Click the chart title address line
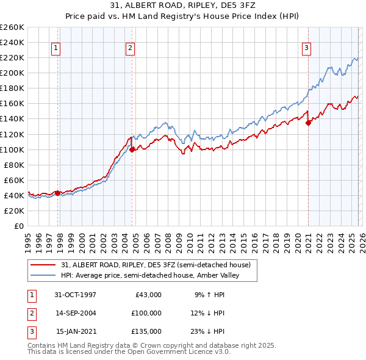(x=182, y=7)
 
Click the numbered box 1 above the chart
(x=56, y=48)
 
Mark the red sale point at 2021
(x=308, y=123)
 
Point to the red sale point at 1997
(x=58, y=193)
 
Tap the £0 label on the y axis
(x=18, y=226)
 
